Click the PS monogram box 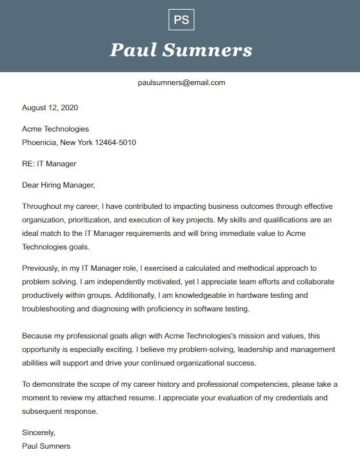[x=180, y=20]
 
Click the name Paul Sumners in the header [x=180, y=50]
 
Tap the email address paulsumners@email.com [x=181, y=83]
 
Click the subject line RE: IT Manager [x=49, y=163]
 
